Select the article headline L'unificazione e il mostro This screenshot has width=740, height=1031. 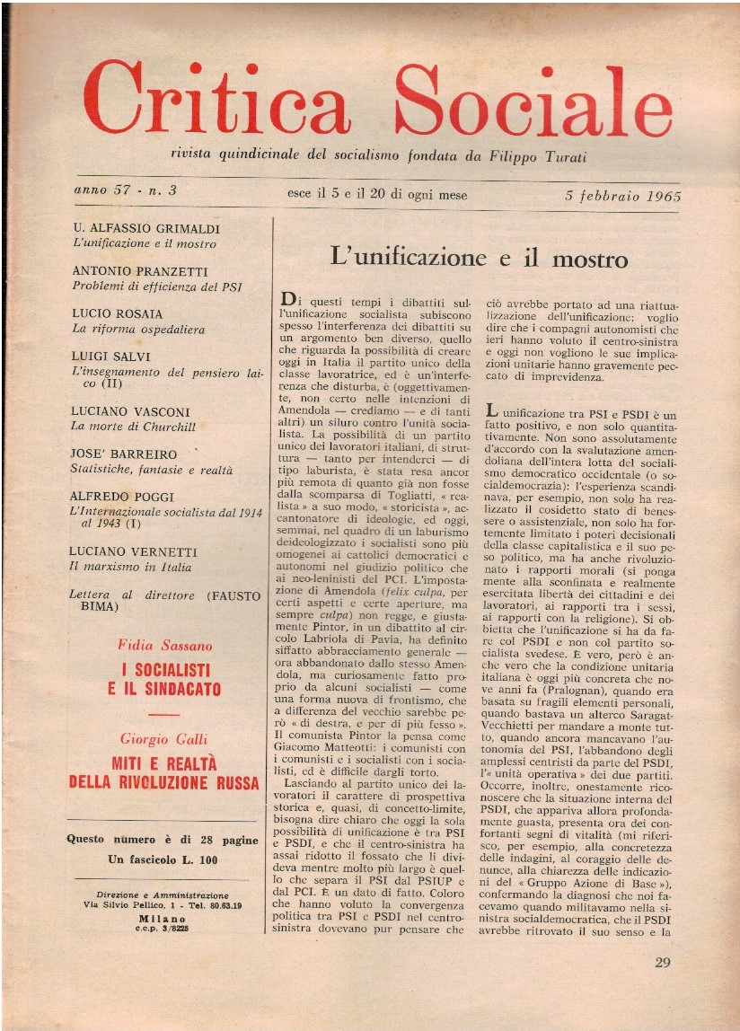479,258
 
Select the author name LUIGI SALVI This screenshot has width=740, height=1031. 112,357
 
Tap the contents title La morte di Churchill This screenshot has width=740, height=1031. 134,427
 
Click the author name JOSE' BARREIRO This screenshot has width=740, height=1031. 125,454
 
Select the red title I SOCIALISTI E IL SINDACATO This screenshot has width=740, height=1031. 164,680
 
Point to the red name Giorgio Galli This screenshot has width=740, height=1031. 163,739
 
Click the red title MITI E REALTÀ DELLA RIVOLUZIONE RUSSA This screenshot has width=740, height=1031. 164,773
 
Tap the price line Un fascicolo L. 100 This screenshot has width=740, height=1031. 164,859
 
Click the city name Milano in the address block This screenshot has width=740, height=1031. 163,921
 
